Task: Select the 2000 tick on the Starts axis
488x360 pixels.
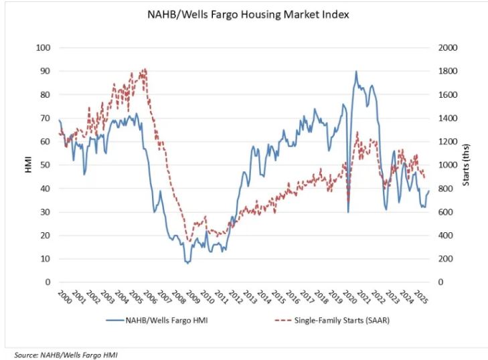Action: (448, 48)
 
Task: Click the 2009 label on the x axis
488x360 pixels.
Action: (191, 296)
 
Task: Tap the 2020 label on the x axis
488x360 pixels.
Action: (348, 296)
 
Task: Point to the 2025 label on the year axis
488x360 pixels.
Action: (420, 296)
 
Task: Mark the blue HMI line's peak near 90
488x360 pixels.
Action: (356, 71)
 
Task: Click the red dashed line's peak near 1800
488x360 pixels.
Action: (145, 68)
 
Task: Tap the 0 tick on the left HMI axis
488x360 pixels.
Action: (48, 282)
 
